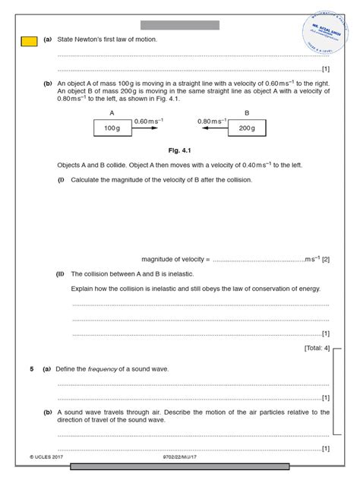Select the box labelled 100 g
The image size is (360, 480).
(112, 128)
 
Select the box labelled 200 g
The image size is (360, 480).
(246, 128)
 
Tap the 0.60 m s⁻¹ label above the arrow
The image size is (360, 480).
(149, 120)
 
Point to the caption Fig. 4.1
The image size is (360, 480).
(179, 150)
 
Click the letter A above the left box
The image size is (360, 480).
(112, 112)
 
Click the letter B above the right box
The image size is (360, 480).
(246, 112)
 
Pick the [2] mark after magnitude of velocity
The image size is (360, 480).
(325, 259)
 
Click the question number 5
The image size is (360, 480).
(32, 368)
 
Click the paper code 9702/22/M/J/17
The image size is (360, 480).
(179, 459)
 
